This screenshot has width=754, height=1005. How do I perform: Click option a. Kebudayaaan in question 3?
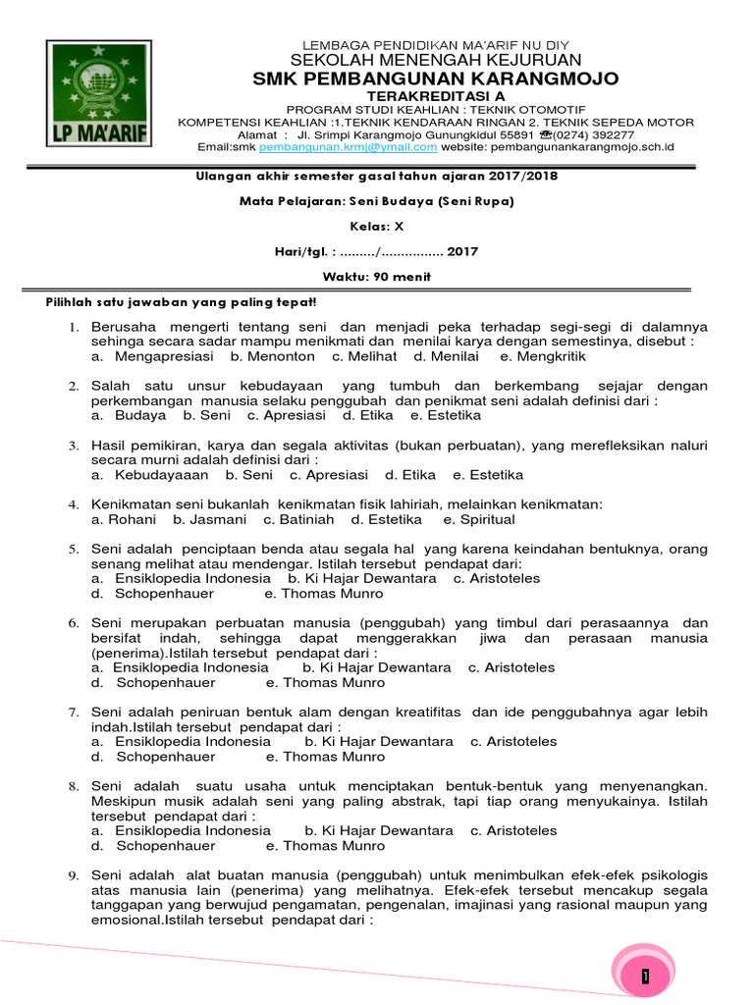tap(149, 474)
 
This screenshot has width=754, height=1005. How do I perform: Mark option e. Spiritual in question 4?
tap(479, 519)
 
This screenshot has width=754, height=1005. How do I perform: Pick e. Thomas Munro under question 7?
tap(326, 757)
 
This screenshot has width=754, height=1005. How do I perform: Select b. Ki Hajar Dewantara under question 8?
tap(379, 830)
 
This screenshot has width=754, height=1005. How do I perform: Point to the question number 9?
tap(73, 875)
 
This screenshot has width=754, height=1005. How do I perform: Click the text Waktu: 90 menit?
tap(377, 277)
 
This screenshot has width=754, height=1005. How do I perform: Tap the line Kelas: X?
tap(377, 226)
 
